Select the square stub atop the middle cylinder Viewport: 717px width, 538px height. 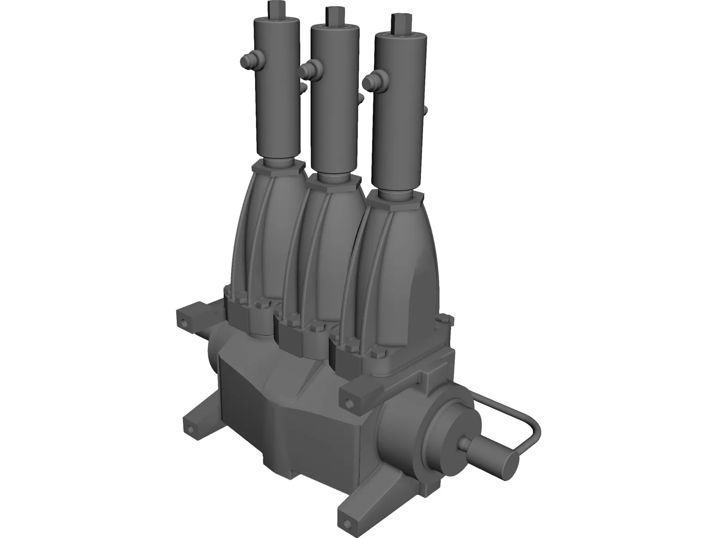[x=332, y=15]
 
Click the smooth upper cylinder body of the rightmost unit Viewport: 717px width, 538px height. [x=399, y=112]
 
